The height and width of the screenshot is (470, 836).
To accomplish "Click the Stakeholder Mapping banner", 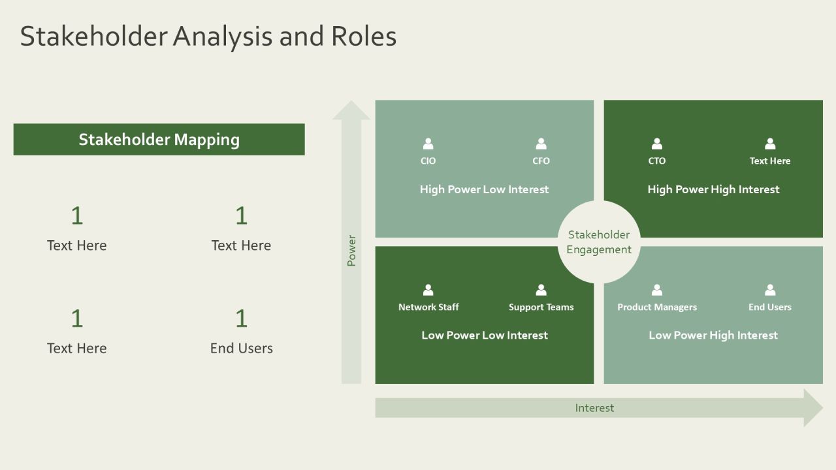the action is click(159, 140).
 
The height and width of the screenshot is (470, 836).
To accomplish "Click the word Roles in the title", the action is click(364, 37).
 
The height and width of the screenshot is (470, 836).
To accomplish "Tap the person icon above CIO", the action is click(428, 144).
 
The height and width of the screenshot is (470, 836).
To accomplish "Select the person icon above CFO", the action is click(541, 144).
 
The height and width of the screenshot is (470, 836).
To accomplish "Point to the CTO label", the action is click(657, 161).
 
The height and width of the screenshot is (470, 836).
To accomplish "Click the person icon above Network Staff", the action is click(428, 290).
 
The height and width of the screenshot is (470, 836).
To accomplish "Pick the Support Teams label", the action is click(541, 307).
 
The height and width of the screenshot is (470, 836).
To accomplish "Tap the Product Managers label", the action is click(657, 307).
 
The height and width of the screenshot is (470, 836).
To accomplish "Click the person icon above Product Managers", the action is click(657, 290).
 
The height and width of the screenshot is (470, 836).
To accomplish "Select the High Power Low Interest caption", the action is click(484, 189).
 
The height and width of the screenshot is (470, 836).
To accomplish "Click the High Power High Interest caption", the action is click(713, 189).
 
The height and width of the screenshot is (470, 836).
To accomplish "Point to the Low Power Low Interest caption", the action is click(485, 335).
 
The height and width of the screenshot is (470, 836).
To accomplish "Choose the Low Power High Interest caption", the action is click(713, 336).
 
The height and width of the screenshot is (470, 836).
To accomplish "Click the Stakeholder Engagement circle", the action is click(599, 242).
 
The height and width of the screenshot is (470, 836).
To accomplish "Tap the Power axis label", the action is click(351, 251).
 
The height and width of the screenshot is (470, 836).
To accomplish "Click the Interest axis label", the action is click(594, 408).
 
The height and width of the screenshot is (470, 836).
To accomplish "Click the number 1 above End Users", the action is click(242, 318).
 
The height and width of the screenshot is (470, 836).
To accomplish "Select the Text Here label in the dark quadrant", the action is click(770, 161).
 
